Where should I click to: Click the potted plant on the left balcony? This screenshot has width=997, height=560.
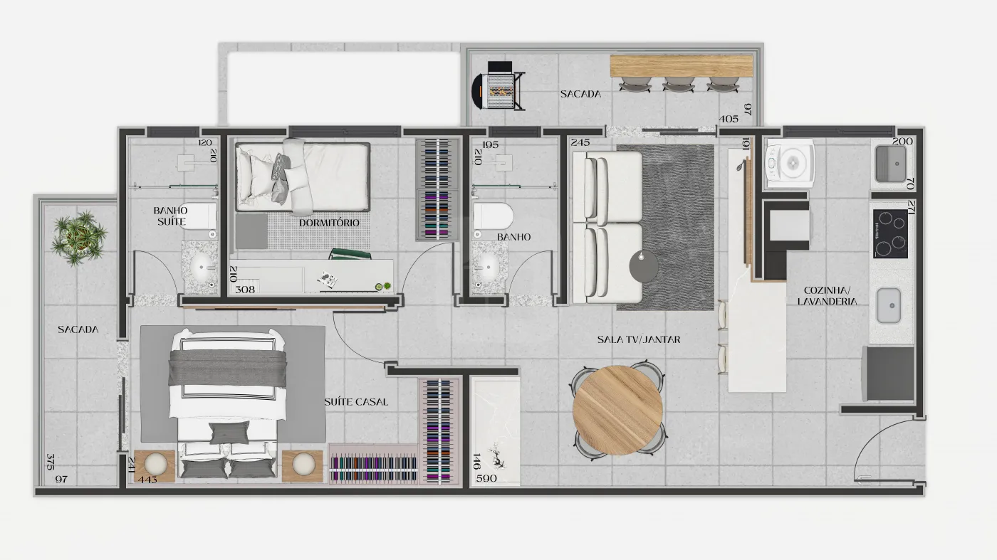(x=79, y=238)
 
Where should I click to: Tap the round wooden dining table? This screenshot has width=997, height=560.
(x=618, y=410)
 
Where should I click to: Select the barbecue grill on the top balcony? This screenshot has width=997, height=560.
(x=499, y=86)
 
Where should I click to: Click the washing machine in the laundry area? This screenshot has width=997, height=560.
(x=790, y=163)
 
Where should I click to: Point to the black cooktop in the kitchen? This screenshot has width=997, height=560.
(x=890, y=233)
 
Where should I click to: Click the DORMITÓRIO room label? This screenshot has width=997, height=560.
(x=329, y=223)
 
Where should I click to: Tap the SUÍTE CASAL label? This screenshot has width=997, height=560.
(x=356, y=401)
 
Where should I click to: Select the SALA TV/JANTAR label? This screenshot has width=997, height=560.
(x=639, y=339)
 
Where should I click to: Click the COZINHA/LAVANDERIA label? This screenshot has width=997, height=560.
(x=827, y=296)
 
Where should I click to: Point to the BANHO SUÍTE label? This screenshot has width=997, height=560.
(x=171, y=216)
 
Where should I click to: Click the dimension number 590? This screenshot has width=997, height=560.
(x=486, y=478)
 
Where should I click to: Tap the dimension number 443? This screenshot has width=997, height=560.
(x=147, y=480)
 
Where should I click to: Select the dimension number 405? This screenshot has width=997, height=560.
(x=729, y=119)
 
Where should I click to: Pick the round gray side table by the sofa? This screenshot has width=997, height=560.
(x=643, y=266)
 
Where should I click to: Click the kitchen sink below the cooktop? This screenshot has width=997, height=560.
(x=889, y=305)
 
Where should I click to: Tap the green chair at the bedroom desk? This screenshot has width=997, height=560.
(x=350, y=254)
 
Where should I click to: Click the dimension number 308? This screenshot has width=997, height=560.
(x=245, y=290)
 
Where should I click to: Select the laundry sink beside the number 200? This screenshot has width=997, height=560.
(x=890, y=163)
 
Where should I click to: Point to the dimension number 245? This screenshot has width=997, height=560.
(x=580, y=142)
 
